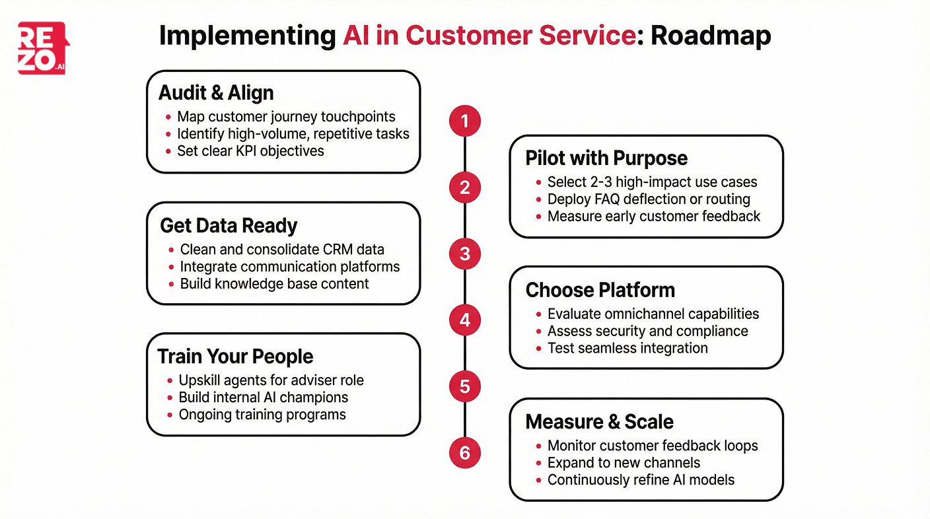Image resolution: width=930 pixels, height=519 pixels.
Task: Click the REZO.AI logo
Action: tap(44, 48)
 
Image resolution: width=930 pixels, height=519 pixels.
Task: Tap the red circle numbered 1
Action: tap(465, 121)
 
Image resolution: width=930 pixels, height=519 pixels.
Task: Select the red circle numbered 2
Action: tap(465, 188)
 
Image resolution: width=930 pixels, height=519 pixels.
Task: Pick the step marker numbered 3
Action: tap(465, 254)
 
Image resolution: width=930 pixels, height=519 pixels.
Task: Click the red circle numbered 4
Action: tap(465, 320)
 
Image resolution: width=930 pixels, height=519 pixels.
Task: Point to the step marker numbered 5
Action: tap(465, 386)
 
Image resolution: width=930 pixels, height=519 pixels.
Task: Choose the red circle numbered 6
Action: tap(465, 453)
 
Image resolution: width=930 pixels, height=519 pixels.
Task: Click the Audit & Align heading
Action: tap(216, 92)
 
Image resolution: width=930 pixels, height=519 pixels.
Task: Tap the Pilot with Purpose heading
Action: tap(606, 158)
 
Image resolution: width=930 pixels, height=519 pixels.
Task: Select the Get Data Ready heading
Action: tap(229, 225)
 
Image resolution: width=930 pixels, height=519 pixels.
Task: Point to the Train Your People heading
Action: tap(235, 357)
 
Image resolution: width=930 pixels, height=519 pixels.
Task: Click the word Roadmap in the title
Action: tap(711, 36)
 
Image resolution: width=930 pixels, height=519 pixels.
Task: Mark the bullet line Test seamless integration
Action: tap(627, 348)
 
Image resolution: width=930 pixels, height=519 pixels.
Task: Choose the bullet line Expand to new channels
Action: tap(624, 463)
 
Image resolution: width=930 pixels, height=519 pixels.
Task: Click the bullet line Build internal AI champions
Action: tap(264, 398)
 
